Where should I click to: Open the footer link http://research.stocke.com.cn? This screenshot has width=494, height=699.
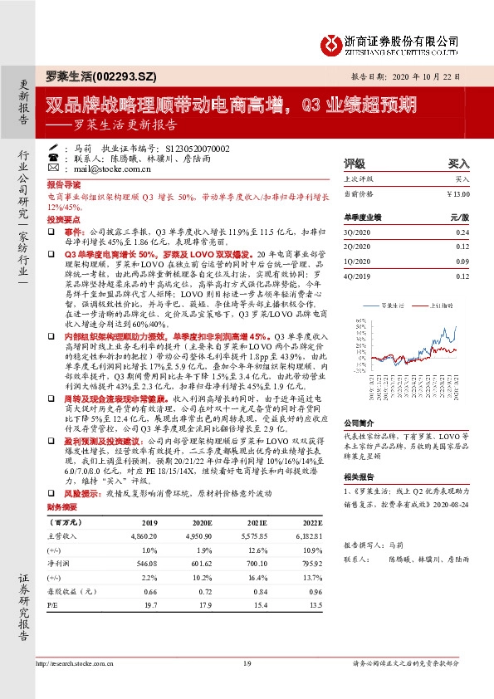point(79,662)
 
